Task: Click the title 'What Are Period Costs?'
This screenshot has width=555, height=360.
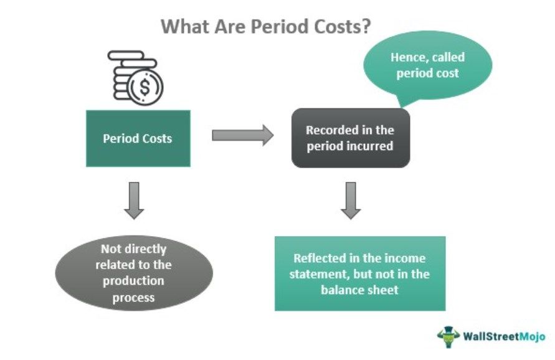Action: [267, 27]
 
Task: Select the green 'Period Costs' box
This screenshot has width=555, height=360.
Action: [137, 138]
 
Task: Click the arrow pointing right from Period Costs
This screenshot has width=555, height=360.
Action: [242, 135]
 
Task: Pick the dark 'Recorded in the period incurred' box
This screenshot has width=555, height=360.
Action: [350, 138]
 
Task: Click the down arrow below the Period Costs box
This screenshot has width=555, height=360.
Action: [134, 201]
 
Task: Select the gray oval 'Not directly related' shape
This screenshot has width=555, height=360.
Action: [134, 273]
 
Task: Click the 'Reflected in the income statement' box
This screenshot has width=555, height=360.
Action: [360, 273]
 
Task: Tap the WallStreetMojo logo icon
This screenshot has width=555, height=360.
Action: [448, 337]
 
